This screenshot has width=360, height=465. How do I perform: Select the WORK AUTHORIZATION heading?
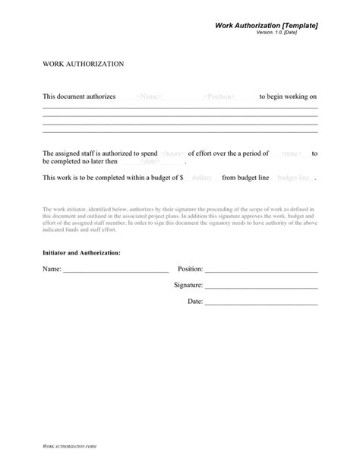pyautogui.click(x=84, y=65)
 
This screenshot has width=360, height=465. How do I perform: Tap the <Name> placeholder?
pyautogui.click(x=148, y=97)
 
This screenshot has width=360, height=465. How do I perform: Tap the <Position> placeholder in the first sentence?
pyautogui.click(x=219, y=97)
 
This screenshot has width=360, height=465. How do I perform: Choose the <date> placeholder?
pyautogui.click(x=150, y=162)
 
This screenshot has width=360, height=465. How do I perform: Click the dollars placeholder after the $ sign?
pyautogui.click(x=201, y=178)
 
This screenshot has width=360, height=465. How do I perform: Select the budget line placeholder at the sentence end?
pyautogui.click(x=295, y=178)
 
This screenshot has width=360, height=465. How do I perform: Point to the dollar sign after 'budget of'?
pyautogui.click(x=181, y=178)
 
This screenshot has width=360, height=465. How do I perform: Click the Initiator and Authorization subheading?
pyautogui.click(x=81, y=251)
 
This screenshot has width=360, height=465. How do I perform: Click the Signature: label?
pyautogui.click(x=188, y=285)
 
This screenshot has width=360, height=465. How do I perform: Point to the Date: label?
pyautogui.click(x=195, y=301)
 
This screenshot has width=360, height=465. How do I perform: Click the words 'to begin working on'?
pyautogui.click(x=288, y=97)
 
